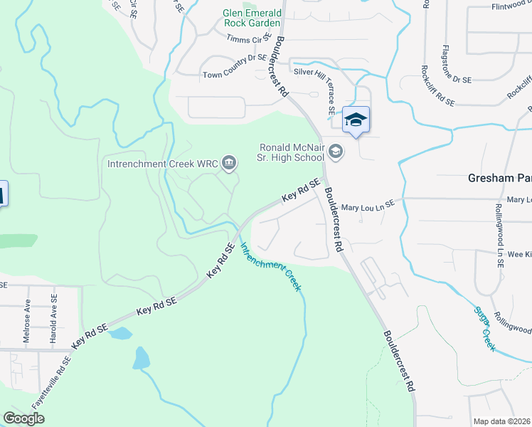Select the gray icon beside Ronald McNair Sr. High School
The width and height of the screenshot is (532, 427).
336,151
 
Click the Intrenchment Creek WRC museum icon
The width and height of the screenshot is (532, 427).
229,164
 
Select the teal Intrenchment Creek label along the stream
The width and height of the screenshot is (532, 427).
270,268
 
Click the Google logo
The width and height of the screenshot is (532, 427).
23,418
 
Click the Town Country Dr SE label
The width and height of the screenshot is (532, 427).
234,74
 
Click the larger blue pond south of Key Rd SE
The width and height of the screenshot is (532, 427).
141,358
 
